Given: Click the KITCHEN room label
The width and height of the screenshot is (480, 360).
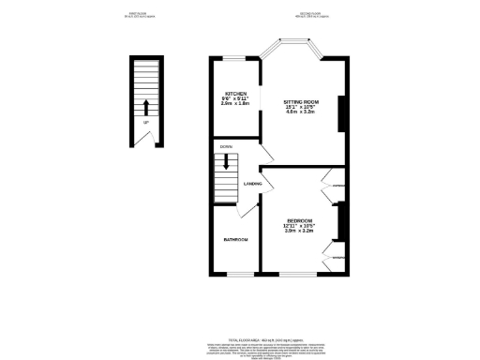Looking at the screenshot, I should tap(235, 94).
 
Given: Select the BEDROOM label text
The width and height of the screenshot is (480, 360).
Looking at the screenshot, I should tap(300, 219).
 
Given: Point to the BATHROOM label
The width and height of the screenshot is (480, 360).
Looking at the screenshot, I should tap(235, 241).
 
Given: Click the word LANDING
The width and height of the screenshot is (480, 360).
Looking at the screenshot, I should tap(252, 184).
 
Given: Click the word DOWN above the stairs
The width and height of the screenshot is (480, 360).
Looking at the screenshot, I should tap(226, 147).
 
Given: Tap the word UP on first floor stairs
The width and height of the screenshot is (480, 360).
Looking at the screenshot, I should tap(145, 122).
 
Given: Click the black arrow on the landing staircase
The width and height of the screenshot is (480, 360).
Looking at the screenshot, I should tap(226, 162).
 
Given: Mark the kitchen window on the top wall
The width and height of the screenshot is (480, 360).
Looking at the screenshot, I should tap(234, 58).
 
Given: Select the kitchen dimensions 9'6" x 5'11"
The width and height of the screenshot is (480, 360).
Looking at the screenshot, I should tap(235, 99).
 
